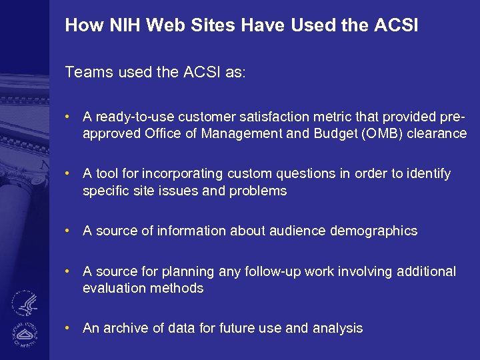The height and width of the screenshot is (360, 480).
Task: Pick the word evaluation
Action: pos(111,289)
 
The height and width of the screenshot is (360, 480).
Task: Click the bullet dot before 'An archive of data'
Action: pos(69,328)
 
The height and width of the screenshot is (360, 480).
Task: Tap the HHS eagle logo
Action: pos(25,303)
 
